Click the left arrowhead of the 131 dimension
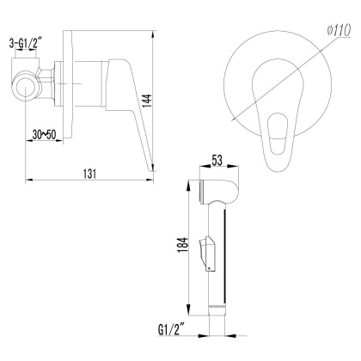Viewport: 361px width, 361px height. point(22,180)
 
